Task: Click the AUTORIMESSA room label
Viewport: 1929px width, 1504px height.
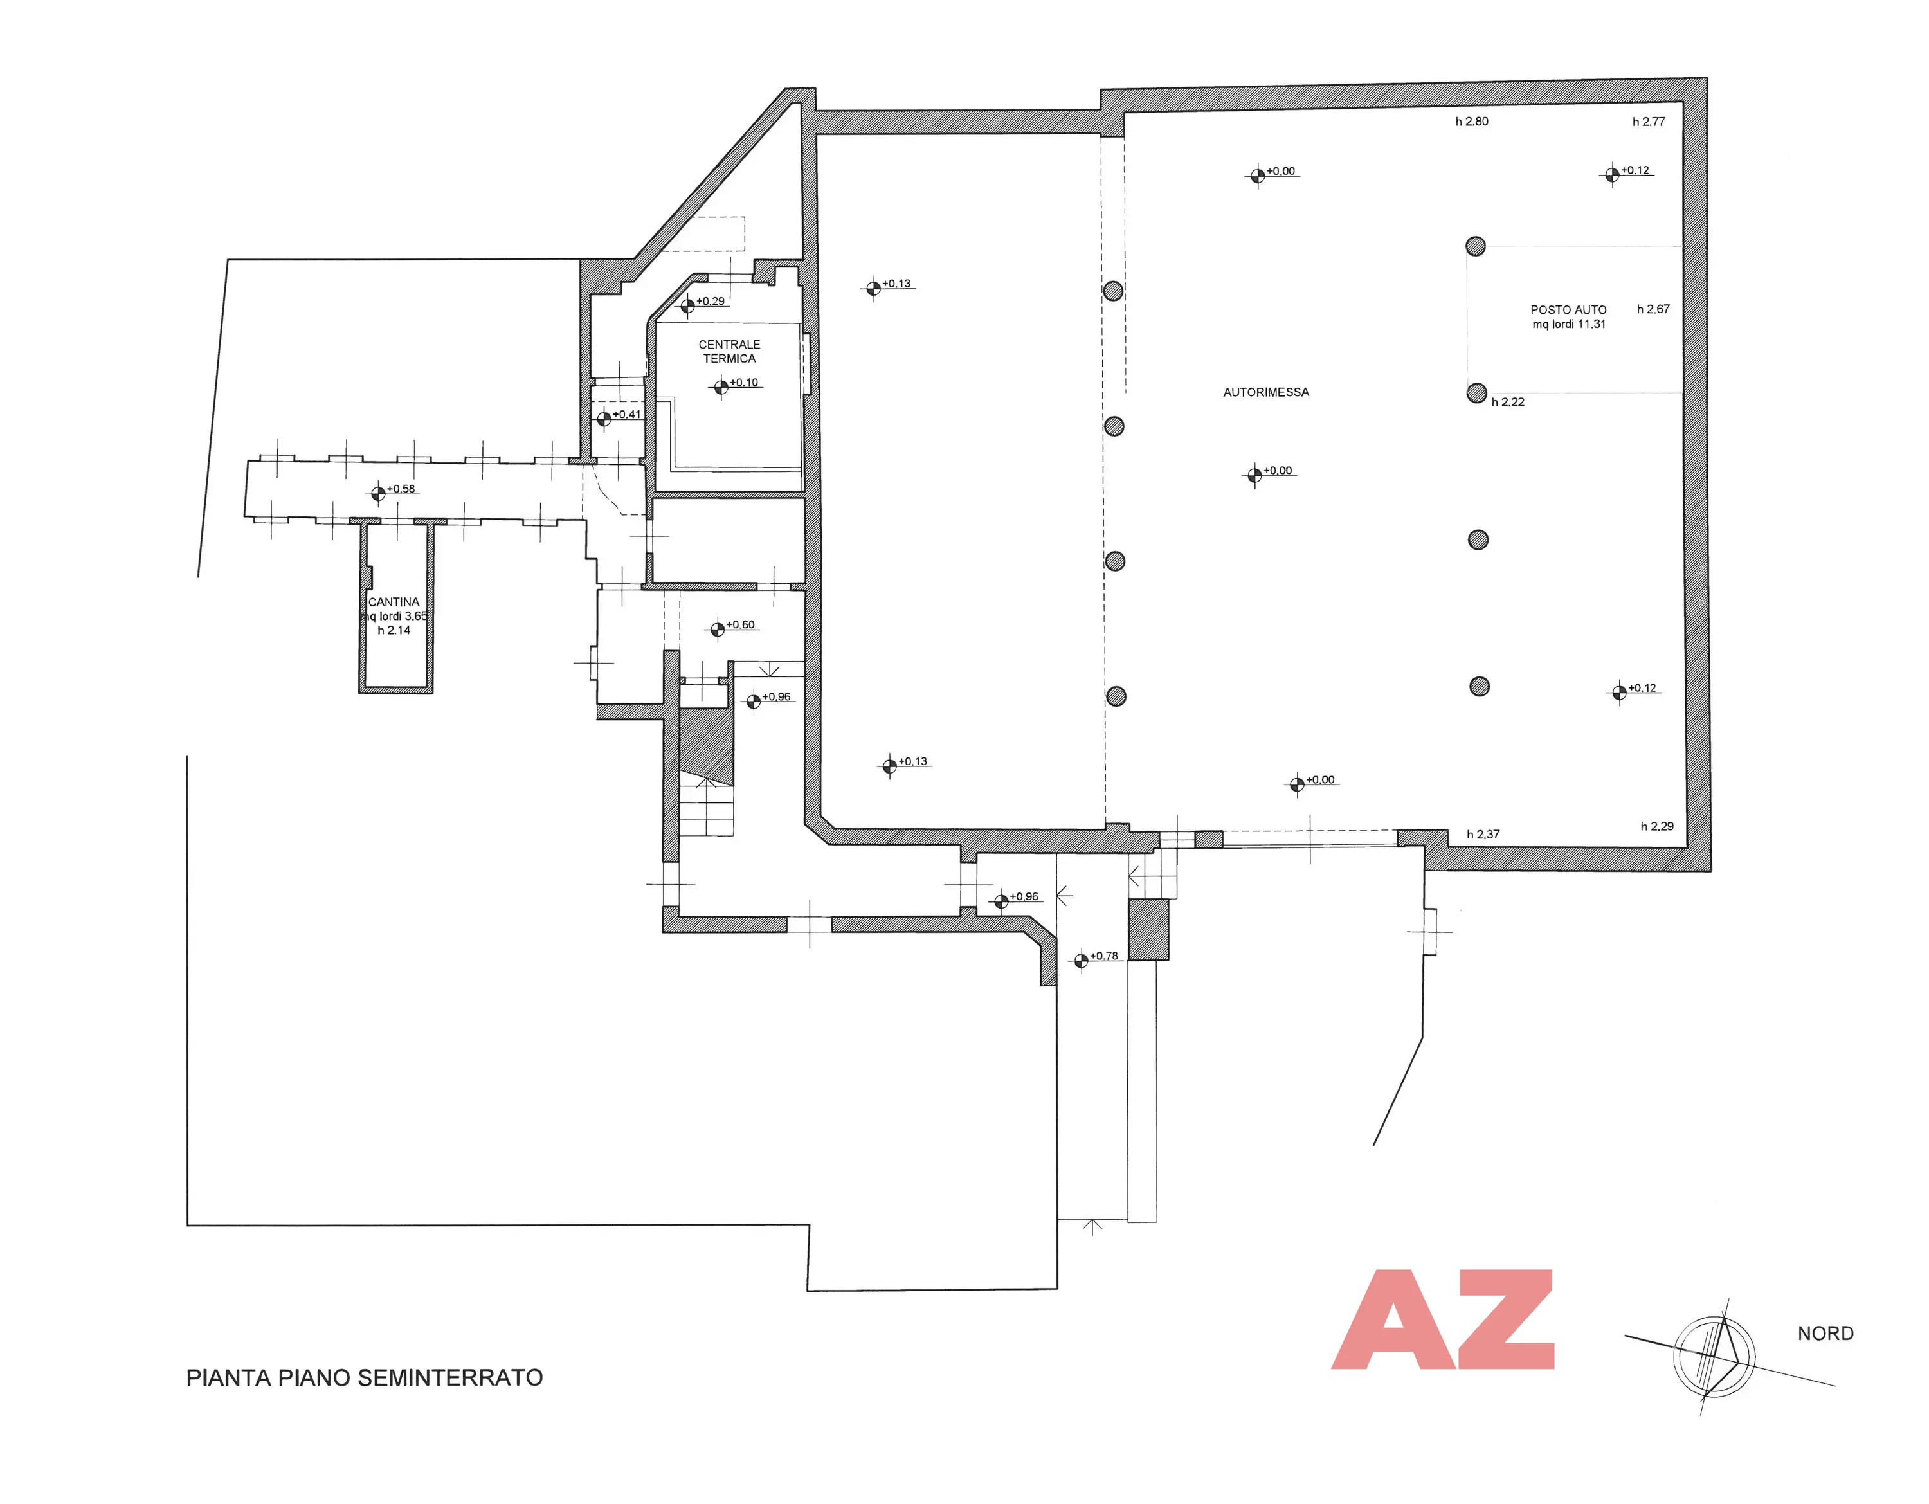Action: pyautogui.click(x=1265, y=392)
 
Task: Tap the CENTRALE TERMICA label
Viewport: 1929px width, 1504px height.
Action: pyautogui.click(x=730, y=352)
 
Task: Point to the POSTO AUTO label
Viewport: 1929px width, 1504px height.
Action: pyautogui.click(x=1569, y=310)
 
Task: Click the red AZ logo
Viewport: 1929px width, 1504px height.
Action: pyautogui.click(x=1442, y=1319)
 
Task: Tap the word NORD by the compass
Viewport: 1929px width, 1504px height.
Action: pyautogui.click(x=1825, y=1334)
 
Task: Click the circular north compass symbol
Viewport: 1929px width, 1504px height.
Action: pyautogui.click(x=1714, y=1357)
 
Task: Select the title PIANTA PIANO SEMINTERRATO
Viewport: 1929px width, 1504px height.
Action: pyautogui.click(x=365, y=1378)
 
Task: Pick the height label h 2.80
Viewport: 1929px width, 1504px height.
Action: pyautogui.click(x=1471, y=122)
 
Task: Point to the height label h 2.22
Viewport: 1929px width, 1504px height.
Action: pyautogui.click(x=1508, y=402)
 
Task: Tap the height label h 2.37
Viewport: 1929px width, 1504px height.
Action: pyautogui.click(x=1483, y=835)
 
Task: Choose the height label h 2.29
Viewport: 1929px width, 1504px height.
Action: pyautogui.click(x=1657, y=827)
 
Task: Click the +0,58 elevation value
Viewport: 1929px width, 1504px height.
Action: pyautogui.click(x=401, y=489)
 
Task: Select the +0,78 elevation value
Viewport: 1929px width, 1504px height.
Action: pyautogui.click(x=1104, y=956)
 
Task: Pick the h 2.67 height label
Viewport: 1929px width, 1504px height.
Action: pyautogui.click(x=1653, y=309)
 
